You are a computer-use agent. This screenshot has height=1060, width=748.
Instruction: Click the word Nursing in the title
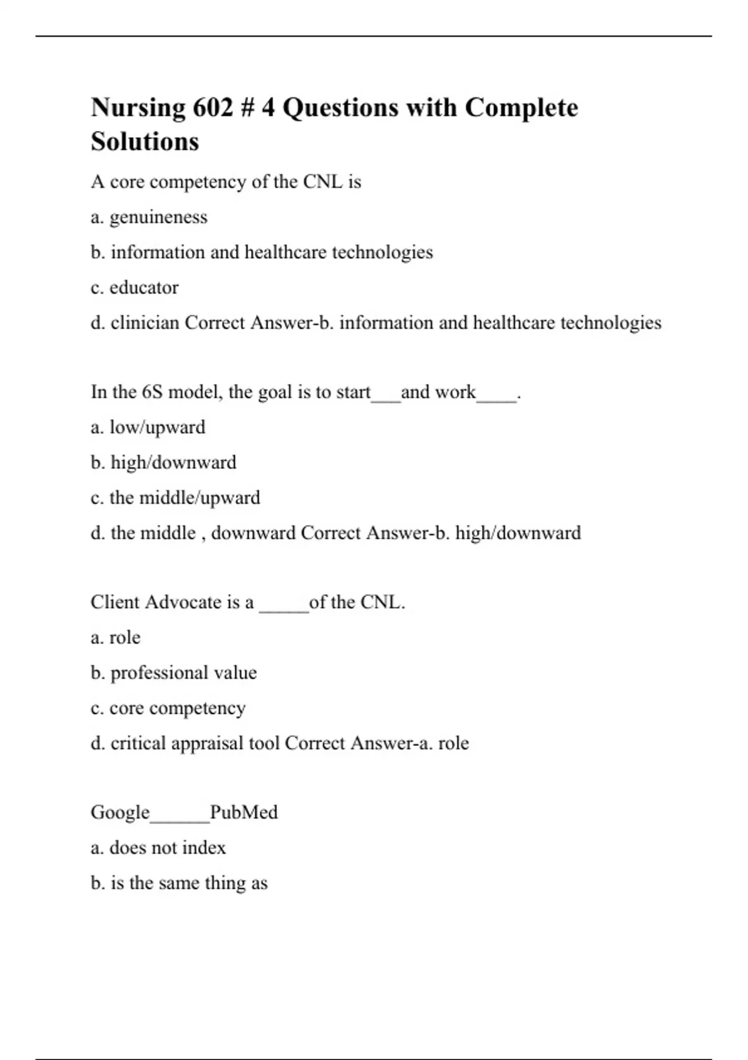(x=138, y=108)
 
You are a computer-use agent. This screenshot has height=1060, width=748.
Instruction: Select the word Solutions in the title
(x=145, y=142)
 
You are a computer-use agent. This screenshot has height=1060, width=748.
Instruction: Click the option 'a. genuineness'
(x=149, y=217)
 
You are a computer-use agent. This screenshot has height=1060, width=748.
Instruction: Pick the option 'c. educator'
(x=135, y=287)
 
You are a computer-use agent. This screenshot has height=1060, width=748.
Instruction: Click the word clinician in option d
(x=145, y=323)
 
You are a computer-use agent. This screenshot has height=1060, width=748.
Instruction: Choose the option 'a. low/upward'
(x=148, y=428)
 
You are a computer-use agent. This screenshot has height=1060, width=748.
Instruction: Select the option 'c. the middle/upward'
(x=175, y=498)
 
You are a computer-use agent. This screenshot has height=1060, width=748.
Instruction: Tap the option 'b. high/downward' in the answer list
(x=163, y=463)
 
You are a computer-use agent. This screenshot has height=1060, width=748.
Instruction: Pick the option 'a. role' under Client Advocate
(x=115, y=638)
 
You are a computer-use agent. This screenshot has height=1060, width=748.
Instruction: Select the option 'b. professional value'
(x=173, y=673)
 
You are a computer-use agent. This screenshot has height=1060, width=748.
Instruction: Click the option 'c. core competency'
(x=168, y=708)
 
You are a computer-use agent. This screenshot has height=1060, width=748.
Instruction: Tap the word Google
(x=120, y=812)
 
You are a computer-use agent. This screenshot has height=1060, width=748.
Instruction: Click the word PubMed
(x=244, y=812)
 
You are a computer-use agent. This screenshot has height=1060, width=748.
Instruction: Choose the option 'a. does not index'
(x=158, y=848)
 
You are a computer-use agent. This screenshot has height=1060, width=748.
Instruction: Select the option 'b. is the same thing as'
(x=179, y=884)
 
